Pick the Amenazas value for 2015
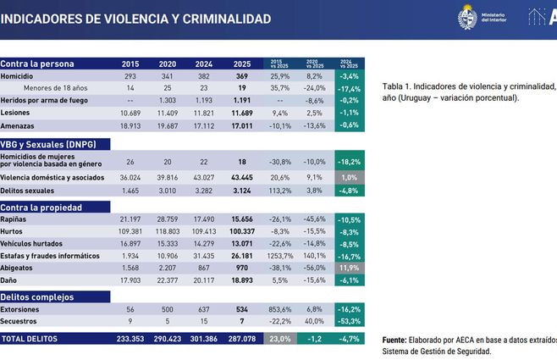pyautogui.click(x=130, y=125)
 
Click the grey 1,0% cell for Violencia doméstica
pyautogui.click(x=350, y=177)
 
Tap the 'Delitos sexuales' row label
pyautogui.click(x=29, y=191)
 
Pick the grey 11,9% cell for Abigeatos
pyautogui.click(x=350, y=267)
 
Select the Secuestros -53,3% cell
pyautogui.click(x=350, y=322)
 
